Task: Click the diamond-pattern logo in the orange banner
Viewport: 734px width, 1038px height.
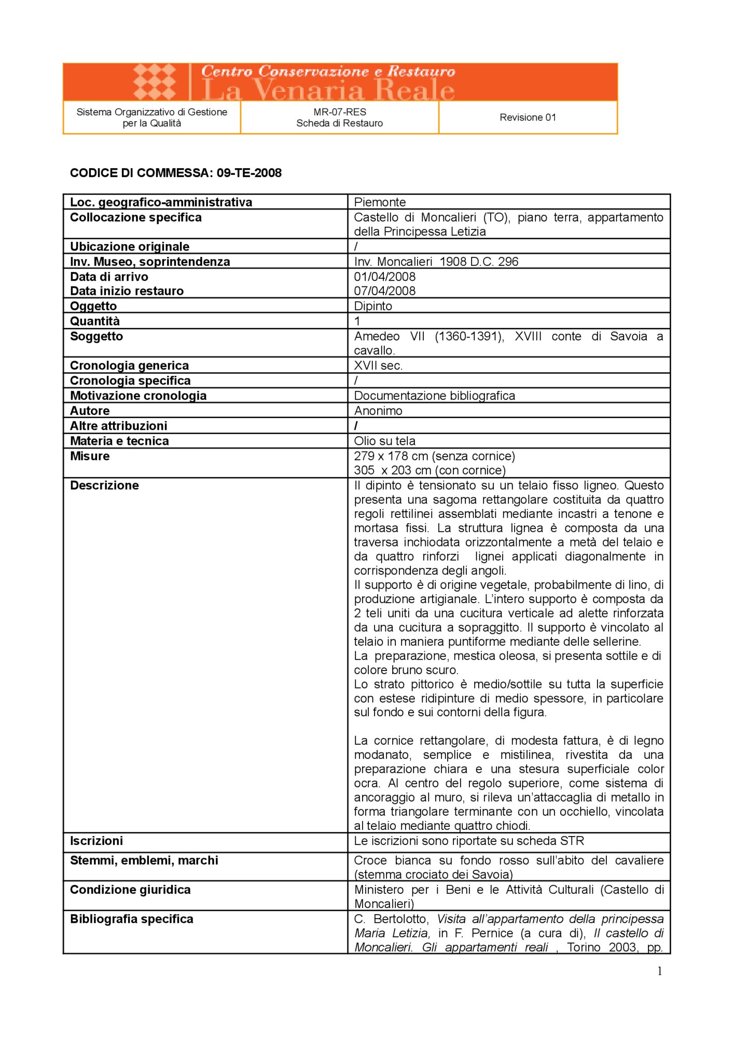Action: tap(155, 81)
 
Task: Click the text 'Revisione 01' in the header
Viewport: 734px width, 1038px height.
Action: tap(528, 117)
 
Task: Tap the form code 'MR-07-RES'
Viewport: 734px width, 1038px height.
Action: tap(340, 112)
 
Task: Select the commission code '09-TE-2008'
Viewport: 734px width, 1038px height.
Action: tap(249, 173)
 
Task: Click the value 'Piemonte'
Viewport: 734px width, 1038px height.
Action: tap(380, 202)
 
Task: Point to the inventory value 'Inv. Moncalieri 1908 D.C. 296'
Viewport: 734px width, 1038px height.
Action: tap(436, 262)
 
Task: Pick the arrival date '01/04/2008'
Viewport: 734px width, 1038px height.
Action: tap(385, 277)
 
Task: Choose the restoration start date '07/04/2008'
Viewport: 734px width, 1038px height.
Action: tap(385, 291)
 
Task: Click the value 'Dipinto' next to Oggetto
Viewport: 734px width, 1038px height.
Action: tap(373, 306)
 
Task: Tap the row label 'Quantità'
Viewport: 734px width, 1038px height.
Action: tap(95, 321)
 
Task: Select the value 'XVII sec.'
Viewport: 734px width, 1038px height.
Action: tap(378, 365)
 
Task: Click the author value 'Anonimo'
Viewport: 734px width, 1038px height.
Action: tap(378, 411)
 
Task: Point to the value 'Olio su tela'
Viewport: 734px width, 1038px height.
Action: tap(384, 441)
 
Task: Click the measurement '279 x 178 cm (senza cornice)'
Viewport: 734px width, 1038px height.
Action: tap(435, 456)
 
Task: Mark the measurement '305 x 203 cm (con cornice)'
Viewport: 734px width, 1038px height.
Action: tap(430, 470)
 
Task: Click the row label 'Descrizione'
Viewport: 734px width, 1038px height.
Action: tap(104, 485)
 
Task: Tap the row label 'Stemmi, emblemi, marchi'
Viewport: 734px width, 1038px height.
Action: tap(144, 860)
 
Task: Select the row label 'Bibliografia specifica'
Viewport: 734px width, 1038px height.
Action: tap(132, 919)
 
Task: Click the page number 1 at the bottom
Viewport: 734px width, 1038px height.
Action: tap(660, 971)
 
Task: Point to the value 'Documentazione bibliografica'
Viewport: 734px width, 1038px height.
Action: tap(435, 395)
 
